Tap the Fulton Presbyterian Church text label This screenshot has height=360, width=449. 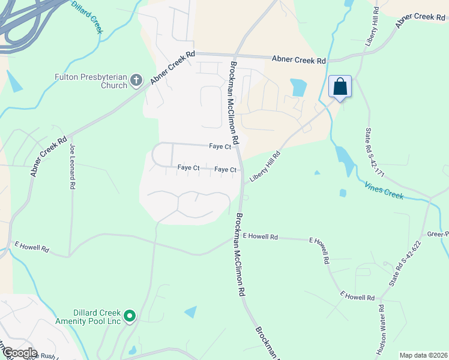[90, 81]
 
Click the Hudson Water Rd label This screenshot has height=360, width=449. [381, 331]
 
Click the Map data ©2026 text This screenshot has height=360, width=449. [423, 355]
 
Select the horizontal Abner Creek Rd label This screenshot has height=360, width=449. [298, 60]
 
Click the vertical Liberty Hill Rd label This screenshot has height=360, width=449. [369, 27]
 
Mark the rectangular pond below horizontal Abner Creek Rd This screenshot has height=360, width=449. [298, 88]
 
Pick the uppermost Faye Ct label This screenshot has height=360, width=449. [220, 146]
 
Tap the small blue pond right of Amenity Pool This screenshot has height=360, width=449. [190, 312]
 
